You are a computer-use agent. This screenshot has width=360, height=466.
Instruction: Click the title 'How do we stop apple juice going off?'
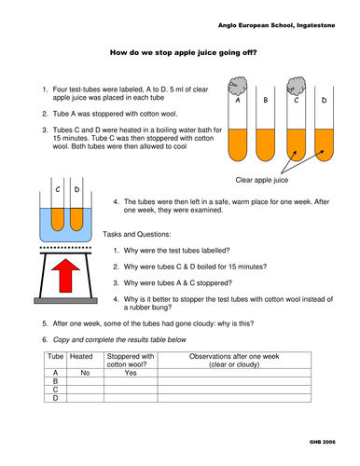[x=184, y=52]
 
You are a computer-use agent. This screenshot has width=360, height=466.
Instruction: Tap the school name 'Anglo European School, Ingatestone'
[x=276, y=25]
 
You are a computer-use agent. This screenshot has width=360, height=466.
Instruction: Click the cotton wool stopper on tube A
[x=238, y=86]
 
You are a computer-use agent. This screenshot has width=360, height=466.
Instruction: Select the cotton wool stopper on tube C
[x=297, y=86]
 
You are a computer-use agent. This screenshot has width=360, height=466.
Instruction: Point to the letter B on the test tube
[x=266, y=100]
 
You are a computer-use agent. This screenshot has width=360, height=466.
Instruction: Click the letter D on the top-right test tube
[x=324, y=100]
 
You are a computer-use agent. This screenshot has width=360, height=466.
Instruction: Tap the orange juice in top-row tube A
[x=238, y=144]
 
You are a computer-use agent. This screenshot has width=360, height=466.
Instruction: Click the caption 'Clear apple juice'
[x=262, y=180]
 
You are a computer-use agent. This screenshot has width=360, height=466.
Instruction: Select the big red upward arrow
[x=65, y=275]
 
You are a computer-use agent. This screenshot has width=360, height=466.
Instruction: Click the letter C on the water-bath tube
[x=58, y=189]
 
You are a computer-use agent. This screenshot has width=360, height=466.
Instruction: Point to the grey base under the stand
[x=65, y=301]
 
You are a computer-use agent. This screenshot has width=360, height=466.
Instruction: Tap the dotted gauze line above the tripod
[x=65, y=248]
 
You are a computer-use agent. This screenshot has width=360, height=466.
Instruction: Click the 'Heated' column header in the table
[x=81, y=356]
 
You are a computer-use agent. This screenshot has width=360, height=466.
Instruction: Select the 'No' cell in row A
[x=85, y=373]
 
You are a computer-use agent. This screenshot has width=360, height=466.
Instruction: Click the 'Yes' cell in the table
[x=131, y=373]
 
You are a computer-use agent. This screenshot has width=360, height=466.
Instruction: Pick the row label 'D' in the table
[x=55, y=398]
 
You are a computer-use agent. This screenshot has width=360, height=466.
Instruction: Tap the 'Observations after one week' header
[x=234, y=356]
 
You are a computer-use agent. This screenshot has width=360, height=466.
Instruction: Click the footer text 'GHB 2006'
[x=323, y=442]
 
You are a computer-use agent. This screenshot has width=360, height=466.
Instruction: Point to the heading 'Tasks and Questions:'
[x=137, y=234]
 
